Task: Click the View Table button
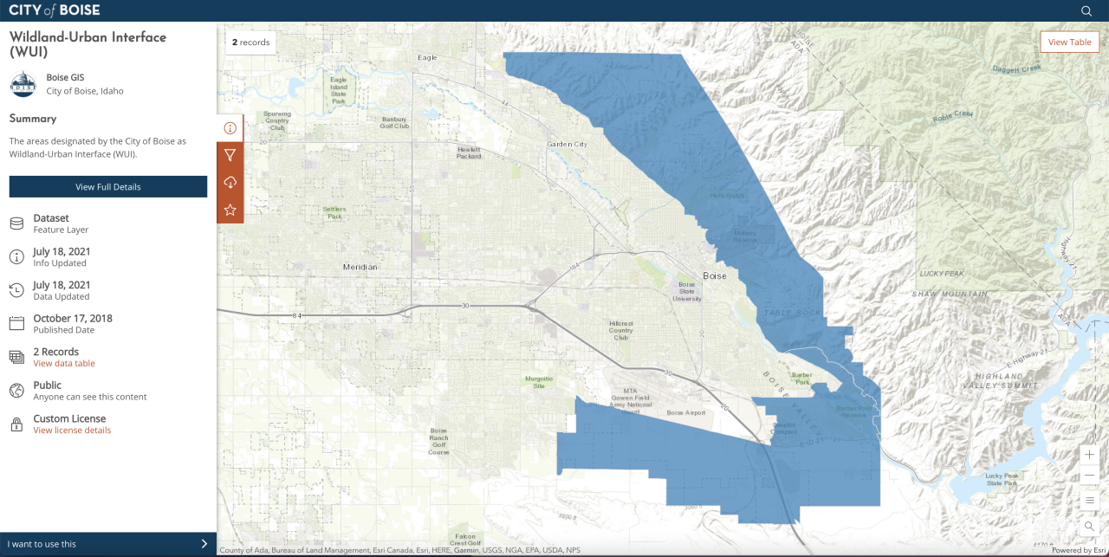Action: (x=1069, y=42)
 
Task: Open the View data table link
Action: (x=64, y=364)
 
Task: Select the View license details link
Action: (x=72, y=431)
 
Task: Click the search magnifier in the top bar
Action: (x=1086, y=11)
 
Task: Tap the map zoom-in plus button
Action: (x=1089, y=455)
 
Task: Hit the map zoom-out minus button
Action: (x=1089, y=475)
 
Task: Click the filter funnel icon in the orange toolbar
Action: (x=230, y=155)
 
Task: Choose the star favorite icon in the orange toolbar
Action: (x=230, y=210)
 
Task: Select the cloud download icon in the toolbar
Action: (x=230, y=182)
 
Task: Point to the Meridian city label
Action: (x=360, y=267)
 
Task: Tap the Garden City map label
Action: (x=567, y=145)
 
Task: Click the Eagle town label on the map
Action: (x=427, y=58)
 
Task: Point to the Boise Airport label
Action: (x=686, y=413)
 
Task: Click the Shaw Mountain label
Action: (x=949, y=295)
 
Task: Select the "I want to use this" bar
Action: (x=107, y=544)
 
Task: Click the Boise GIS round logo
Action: (x=23, y=84)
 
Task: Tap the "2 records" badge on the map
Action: (x=250, y=42)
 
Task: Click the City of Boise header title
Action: (x=54, y=10)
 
